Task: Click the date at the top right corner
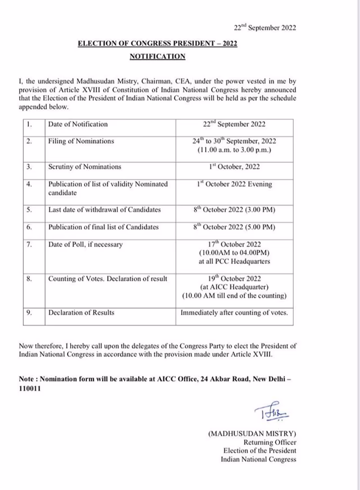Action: (265, 28)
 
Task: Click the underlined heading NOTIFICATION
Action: (157, 56)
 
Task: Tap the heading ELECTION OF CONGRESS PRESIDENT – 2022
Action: (157, 44)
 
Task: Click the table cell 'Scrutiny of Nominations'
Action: (85, 167)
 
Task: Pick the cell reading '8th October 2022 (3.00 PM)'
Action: (234, 210)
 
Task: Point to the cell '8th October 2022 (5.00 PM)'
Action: (234, 227)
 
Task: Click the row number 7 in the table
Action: (29, 244)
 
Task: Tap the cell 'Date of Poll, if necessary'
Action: (85, 244)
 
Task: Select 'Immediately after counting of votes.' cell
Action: (234, 313)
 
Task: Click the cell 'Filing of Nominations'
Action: (81, 141)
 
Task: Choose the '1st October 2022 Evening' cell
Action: (234, 184)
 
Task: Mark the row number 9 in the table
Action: (29, 313)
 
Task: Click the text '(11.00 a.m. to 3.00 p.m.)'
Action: (234, 150)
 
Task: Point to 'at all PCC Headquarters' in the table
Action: (234, 262)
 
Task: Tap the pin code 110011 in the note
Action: (30, 389)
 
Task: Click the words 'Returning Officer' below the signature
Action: (270, 443)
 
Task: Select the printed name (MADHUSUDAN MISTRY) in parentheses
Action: (252, 434)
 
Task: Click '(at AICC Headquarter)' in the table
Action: (234, 287)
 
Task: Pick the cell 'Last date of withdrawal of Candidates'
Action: (104, 210)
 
